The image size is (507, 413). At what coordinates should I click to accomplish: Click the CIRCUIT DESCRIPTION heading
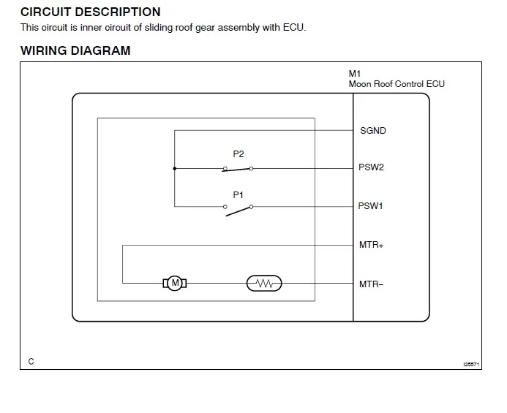90,12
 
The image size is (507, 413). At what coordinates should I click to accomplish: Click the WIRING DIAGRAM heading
75,51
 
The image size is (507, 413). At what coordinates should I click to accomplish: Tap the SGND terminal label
372,131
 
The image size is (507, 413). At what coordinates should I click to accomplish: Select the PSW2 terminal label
371,167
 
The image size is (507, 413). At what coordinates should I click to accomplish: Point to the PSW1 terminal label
371,206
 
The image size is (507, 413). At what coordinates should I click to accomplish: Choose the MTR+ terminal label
371,245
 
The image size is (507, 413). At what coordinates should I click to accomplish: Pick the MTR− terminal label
371,284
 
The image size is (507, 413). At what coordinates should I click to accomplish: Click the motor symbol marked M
175,283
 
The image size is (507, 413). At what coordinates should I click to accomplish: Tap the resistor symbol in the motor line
264,283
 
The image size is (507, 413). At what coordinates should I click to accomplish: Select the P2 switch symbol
238,168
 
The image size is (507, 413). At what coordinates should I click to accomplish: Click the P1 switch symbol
238,209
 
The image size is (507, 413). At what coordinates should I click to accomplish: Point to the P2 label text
239,154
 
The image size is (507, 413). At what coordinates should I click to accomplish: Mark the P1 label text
239,194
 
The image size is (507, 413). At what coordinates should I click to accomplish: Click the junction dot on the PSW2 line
175,168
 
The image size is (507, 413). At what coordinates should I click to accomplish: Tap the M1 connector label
355,74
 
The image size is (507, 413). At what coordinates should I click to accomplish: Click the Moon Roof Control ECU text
397,84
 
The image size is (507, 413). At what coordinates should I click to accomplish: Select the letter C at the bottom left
31,361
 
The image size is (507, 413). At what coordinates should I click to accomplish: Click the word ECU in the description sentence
293,28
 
